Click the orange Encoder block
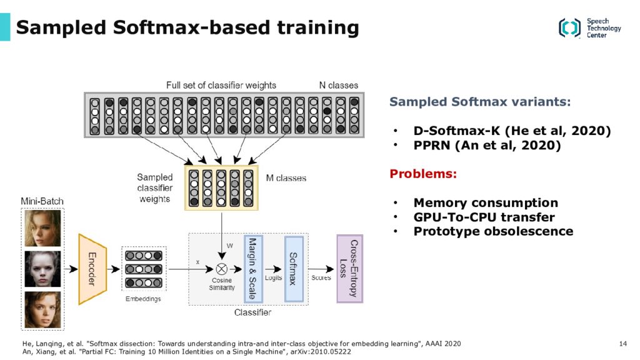[x=92, y=269]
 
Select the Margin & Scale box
[x=253, y=269]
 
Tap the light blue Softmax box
[x=294, y=269]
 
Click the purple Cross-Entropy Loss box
[x=349, y=269]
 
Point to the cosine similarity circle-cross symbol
[x=222, y=269]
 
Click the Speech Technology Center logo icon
[x=569, y=27]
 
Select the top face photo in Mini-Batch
[x=43, y=227]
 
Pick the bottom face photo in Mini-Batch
[x=43, y=310]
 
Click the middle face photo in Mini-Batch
[x=43, y=269]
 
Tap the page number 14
[x=623, y=344]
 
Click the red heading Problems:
[x=423, y=174]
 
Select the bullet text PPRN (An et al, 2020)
[x=487, y=145]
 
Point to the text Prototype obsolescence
[x=493, y=231]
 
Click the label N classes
[x=338, y=85]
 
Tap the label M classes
[x=286, y=178]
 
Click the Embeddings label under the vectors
[x=143, y=299]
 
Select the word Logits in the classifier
[x=274, y=277]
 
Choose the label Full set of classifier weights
[x=221, y=85]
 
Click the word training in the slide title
[x=318, y=28]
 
